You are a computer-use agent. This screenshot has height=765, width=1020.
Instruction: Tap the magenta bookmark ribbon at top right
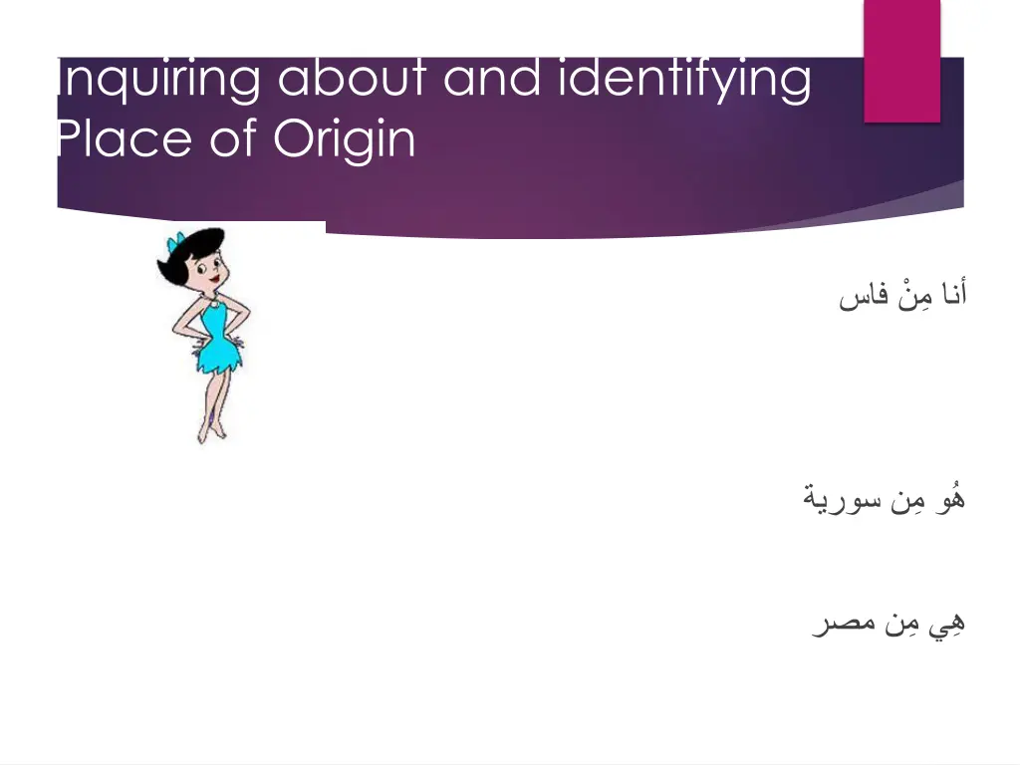click(x=901, y=60)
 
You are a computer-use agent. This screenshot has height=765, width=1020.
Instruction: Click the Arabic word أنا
click(x=949, y=295)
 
